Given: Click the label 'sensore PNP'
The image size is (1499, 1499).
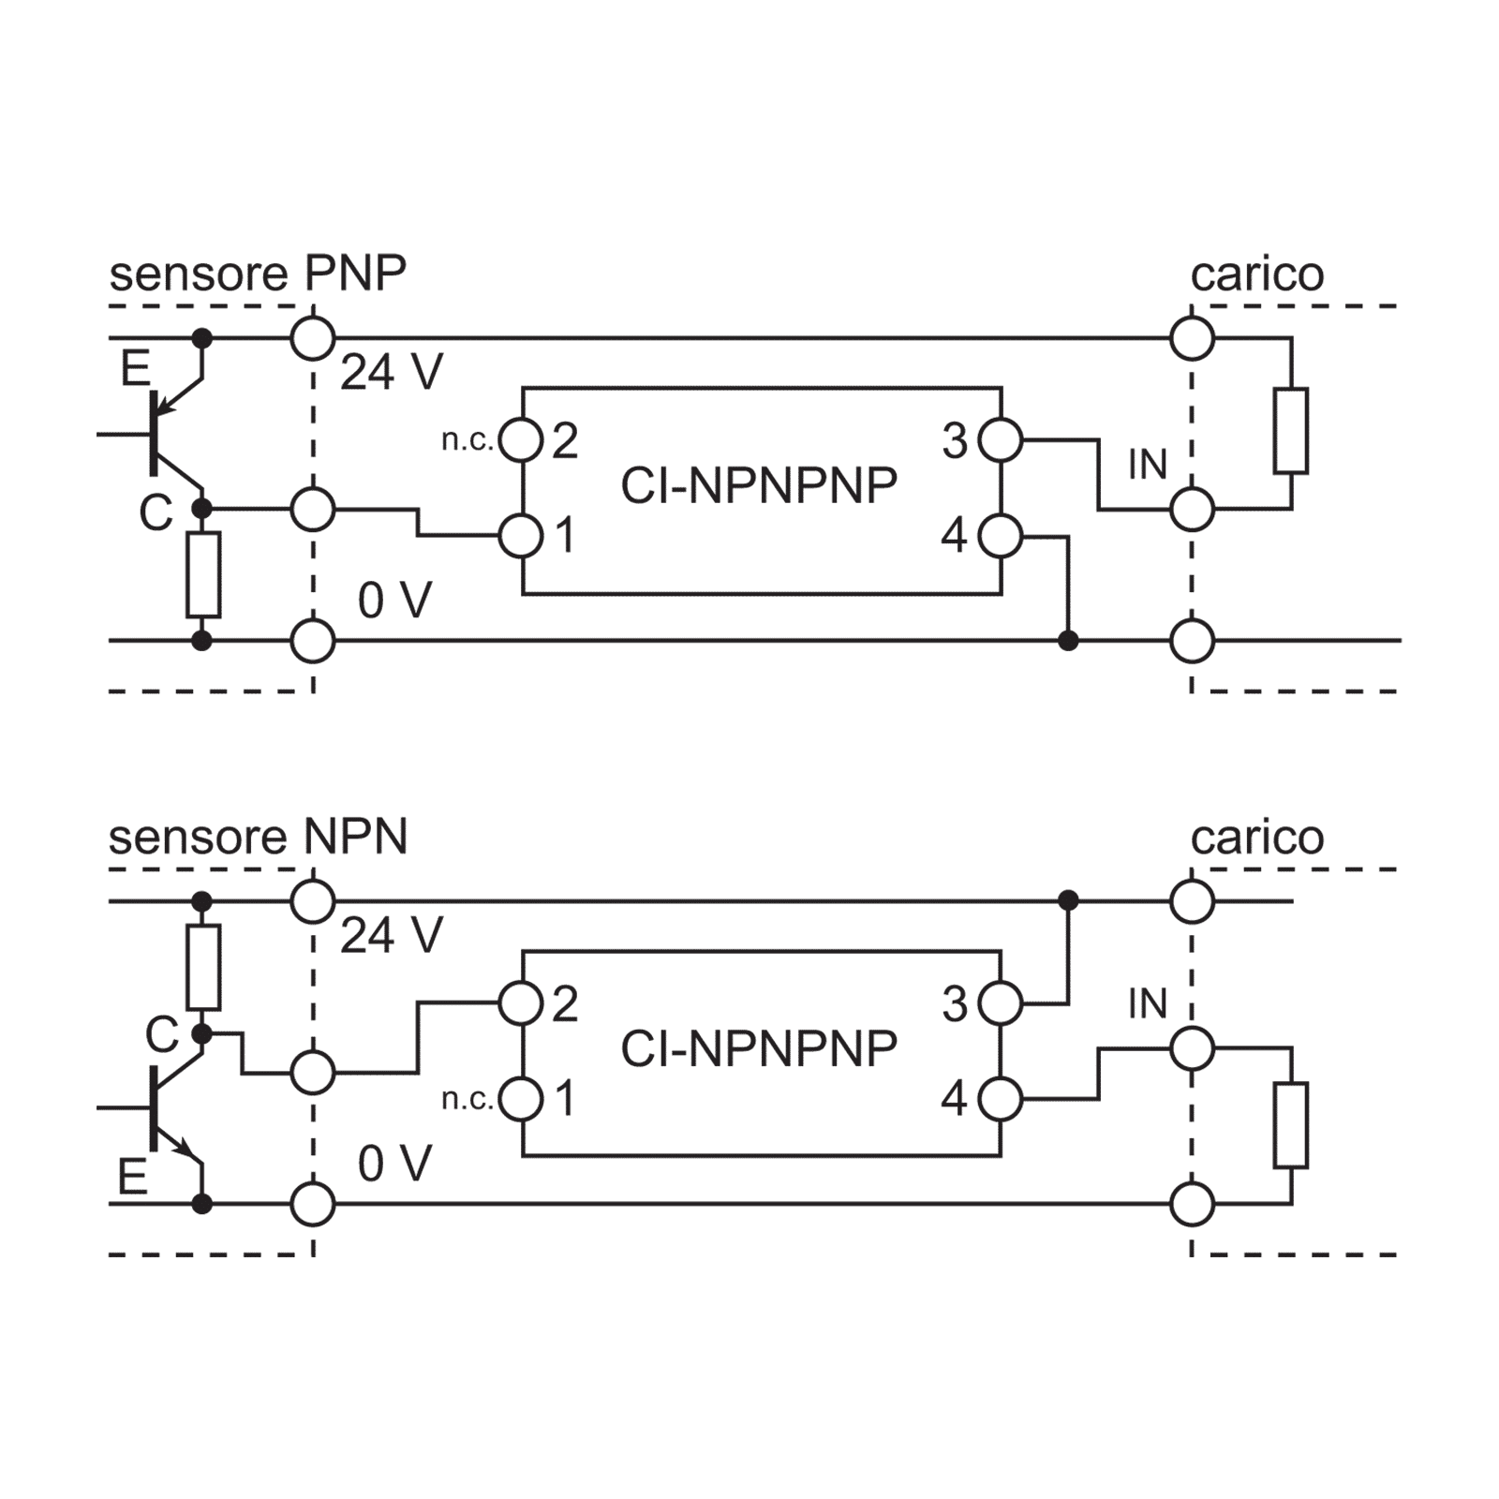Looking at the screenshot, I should click(258, 275).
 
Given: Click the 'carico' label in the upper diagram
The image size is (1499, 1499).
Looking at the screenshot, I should click(1257, 275).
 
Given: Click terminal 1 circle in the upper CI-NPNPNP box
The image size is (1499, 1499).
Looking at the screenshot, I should click(521, 537).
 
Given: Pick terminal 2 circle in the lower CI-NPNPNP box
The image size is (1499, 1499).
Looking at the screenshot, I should click(521, 1004).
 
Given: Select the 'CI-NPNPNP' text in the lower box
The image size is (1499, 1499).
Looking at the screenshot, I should click(759, 1048).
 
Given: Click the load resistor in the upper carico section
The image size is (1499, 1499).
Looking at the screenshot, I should click(1291, 431).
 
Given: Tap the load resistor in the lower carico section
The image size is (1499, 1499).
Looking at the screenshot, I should click(1291, 1125).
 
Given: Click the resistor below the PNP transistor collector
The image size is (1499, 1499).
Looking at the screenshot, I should click(203, 575).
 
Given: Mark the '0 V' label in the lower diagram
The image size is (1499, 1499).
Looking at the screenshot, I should click(394, 1165).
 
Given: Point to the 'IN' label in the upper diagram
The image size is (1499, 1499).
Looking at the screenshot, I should click(1148, 466).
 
